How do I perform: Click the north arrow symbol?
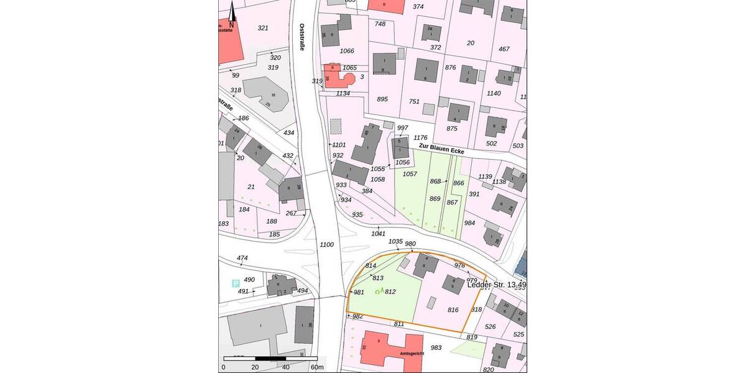coord(231,14)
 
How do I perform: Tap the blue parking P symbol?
coord(236,283)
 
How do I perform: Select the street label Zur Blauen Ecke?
coord(441,148)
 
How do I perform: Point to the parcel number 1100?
coord(327,245)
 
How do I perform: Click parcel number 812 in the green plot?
coord(390,292)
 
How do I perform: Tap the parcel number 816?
coord(453,310)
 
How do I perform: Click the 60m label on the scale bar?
coord(316,367)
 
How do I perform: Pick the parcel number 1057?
coord(410,174)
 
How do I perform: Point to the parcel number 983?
coord(436,348)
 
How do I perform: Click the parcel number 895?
coord(382,99)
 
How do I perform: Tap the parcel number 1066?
coord(348,51)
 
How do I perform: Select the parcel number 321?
coord(263,28)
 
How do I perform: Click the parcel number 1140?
coord(494,93)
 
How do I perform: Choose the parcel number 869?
coord(435,199)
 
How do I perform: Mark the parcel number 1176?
coord(421,137)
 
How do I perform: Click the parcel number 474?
coord(242,257)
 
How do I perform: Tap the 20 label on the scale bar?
coord(255,367)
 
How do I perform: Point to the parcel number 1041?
coord(378,234)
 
